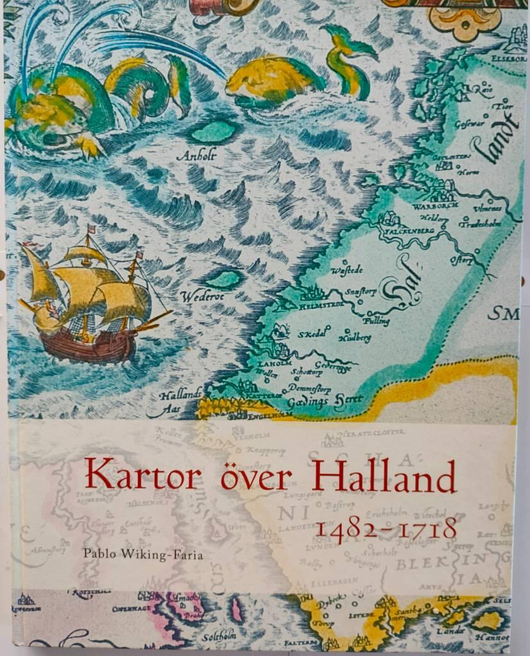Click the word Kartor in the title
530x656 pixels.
(x=142, y=475)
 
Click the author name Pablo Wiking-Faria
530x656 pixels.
(x=143, y=554)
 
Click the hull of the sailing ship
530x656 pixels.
(x=90, y=346)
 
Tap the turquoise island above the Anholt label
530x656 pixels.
(x=214, y=131)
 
